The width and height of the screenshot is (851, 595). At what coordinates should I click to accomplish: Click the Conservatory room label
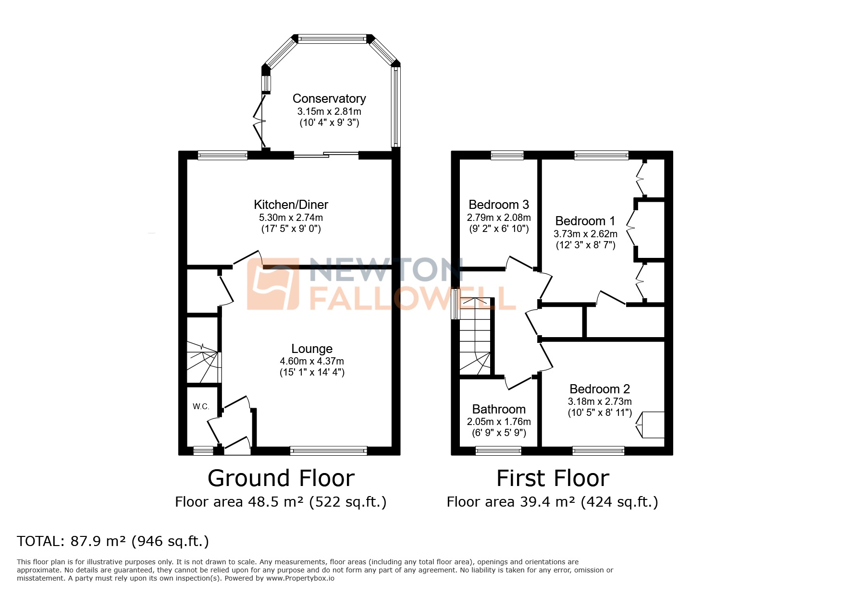[x=329, y=98]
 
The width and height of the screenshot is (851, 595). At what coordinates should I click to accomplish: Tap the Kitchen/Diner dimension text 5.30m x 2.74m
[x=291, y=218]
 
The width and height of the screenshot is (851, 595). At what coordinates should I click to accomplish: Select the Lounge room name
[x=312, y=349]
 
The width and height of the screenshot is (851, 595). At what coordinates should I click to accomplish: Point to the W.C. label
[x=201, y=407]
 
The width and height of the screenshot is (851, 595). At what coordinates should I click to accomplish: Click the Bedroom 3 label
[x=499, y=205]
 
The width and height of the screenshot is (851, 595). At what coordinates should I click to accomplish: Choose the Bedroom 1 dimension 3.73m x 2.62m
[x=585, y=234]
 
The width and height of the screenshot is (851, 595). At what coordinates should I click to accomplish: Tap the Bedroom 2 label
[x=600, y=389]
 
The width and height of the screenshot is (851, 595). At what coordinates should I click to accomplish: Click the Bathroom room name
[x=499, y=409]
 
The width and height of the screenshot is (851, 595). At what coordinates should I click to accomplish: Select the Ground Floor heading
[x=281, y=478]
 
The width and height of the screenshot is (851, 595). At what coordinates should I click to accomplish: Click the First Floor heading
[x=553, y=478]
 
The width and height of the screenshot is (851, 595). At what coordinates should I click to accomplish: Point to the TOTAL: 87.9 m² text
[x=113, y=541]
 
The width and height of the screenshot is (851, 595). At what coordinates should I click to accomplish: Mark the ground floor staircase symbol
[x=203, y=362]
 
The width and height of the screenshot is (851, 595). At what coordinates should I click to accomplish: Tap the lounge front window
[x=329, y=450]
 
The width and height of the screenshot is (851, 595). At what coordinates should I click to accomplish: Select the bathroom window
[x=498, y=450]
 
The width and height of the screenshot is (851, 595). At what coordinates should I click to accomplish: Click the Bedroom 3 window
[x=507, y=155]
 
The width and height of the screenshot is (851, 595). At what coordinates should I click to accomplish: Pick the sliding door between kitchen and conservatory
[x=326, y=155]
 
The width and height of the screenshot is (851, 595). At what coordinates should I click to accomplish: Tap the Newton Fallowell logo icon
[x=273, y=284]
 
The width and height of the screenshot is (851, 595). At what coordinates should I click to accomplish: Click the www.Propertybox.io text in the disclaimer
[x=300, y=578]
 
